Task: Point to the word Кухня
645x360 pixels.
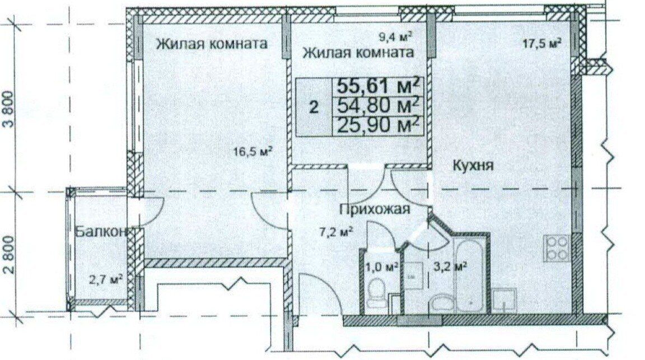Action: click(x=473, y=166)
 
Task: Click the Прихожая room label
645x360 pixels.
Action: click(x=375, y=209)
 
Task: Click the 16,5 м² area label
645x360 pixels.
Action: click(x=253, y=152)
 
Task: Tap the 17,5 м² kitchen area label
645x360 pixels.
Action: click(x=542, y=44)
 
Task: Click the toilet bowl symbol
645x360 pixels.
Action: click(x=376, y=293)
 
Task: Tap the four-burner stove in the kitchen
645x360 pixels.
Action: click(x=558, y=249)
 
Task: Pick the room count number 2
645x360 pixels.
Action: click(x=314, y=108)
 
